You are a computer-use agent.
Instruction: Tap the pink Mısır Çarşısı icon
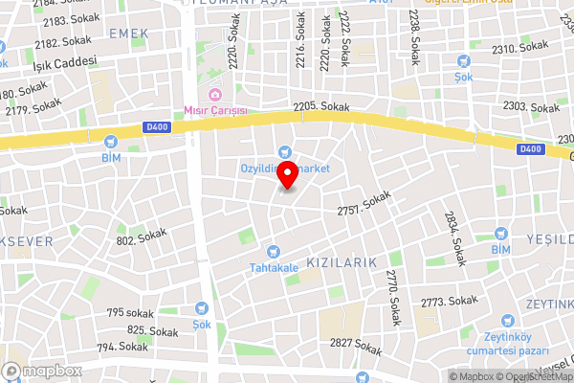pos(215,94)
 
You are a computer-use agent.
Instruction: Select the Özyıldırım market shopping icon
pos(284,151)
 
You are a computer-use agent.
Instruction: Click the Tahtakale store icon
pos(275,250)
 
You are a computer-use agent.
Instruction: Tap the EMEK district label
pos(130,34)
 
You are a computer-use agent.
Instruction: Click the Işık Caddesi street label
pos(65,62)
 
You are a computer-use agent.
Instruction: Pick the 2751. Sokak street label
pos(365,203)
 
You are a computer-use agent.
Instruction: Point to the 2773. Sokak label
pos(449,301)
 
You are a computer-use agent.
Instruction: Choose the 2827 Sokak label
pos(355,344)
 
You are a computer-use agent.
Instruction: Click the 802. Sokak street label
pos(142,237)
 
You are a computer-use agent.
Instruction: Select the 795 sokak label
pos(130,312)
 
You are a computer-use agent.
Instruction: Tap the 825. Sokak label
pos(153,330)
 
